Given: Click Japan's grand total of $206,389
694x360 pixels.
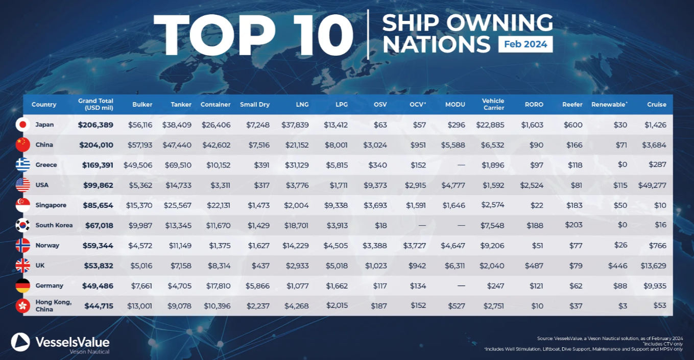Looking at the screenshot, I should point(95,125).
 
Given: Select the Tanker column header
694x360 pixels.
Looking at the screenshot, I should point(181,105).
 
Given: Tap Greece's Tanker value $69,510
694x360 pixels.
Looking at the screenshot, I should point(178,165).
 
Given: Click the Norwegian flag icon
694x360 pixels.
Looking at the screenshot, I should point(23,246).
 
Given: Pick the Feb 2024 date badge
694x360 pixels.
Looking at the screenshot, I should point(525,44).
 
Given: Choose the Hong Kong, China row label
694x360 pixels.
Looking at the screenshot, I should point(53,306).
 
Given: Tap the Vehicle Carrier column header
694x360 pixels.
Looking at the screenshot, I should point(493,104).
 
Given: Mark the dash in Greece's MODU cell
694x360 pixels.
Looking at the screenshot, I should point(461,165).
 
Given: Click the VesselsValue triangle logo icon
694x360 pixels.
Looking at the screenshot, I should point(21,342).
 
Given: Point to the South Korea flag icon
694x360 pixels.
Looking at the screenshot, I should point(23,225).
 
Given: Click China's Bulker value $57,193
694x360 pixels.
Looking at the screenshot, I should point(139,145).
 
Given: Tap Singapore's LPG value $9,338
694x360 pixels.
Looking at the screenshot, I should point(337,205).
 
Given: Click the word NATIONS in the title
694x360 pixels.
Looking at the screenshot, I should point(436,44).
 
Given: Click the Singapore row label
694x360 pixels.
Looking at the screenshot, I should point(51,205).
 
